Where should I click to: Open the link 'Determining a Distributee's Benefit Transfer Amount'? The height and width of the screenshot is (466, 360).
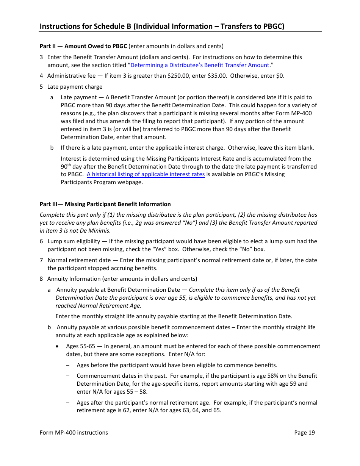[200, 65]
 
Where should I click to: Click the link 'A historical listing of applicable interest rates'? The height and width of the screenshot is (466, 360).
[146, 174]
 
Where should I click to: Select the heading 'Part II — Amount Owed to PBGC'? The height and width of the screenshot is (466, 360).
[83, 46]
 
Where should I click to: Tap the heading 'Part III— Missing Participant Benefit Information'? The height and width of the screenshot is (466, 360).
[105, 204]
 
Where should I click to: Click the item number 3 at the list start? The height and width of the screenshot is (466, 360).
[41, 57]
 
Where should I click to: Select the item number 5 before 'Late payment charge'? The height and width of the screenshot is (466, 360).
[41, 87]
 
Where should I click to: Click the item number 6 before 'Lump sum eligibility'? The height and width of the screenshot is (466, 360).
[41, 241]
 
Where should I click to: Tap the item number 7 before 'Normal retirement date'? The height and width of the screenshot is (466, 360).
[41, 260]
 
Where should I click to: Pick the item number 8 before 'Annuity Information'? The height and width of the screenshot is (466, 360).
[41, 279]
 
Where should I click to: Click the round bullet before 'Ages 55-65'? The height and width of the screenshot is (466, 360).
[57, 346]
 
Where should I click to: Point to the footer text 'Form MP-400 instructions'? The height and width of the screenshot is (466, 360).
[74, 433]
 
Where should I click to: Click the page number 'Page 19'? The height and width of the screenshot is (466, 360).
[304, 433]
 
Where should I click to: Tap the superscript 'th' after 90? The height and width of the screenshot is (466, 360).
[69, 165]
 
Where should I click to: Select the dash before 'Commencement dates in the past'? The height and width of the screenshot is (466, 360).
[67, 376]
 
